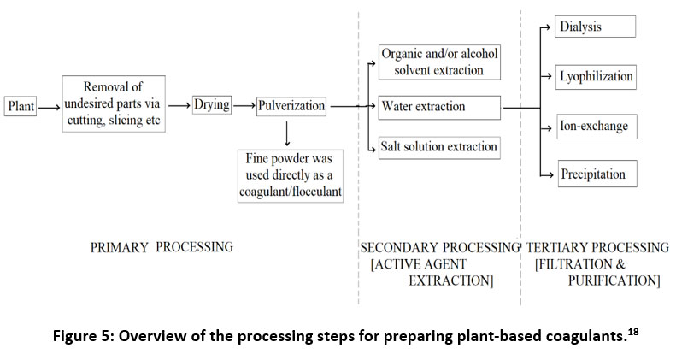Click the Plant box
click(21, 106)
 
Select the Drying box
click(212, 105)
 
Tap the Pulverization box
click(291, 106)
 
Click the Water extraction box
click(439, 108)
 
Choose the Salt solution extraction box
click(439, 147)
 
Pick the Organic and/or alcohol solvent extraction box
click(439, 62)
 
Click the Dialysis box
click(595, 27)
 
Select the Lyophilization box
click(596, 77)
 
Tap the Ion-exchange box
click(597, 127)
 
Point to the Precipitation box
click(597, 174)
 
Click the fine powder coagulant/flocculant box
click(291, 176)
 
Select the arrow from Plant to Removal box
click(50, 108)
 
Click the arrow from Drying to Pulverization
click(244, 106)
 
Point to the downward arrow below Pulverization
click(286, 134)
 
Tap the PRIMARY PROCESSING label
click(162, 247)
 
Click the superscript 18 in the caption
click(634, 332)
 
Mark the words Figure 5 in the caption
click(82, 336)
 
